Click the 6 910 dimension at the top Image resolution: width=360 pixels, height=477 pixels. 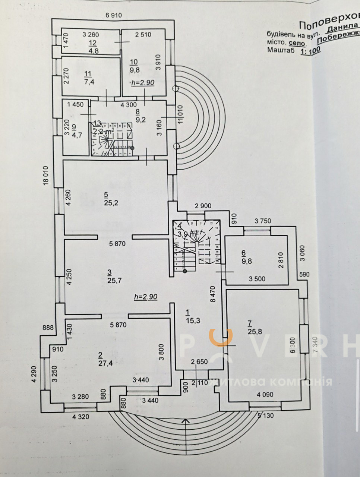pyautogui.click(x=114, y=15)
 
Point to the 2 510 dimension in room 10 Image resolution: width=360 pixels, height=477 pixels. pyautogui.click(x=143, y=35)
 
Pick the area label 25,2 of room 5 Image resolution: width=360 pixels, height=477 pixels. pyautogui.click(x=109, y=203)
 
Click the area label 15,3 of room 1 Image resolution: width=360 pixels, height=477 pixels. pyautogui.click(x=192, y=320)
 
